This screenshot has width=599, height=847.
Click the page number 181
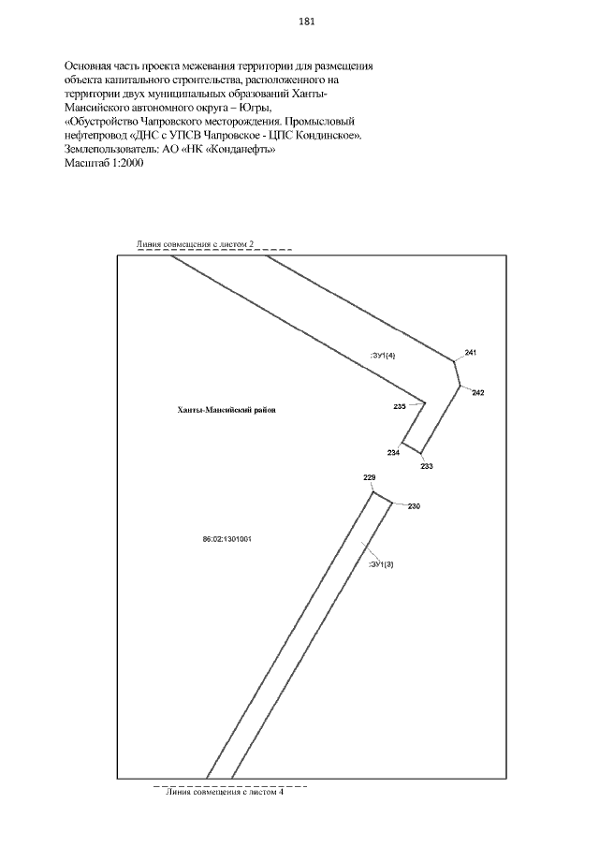tap(306, 22)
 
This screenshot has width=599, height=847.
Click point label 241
tap(471, 352)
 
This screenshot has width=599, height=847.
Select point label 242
tap(478, 392)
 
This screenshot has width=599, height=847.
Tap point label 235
tap(400, 406)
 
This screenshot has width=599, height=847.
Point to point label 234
tap(393, 453)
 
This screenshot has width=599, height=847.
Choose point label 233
tap(427, 466)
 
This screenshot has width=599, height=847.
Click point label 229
tap(369, 478)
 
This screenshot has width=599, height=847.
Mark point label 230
tap(414, 506)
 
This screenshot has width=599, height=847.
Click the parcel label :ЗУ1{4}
tap(385, 355)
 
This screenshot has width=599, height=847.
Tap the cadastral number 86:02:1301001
tap(227, 539)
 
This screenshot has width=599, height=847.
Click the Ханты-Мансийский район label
tap(227, 410)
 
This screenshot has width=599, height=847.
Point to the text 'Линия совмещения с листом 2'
tap(196, 243)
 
